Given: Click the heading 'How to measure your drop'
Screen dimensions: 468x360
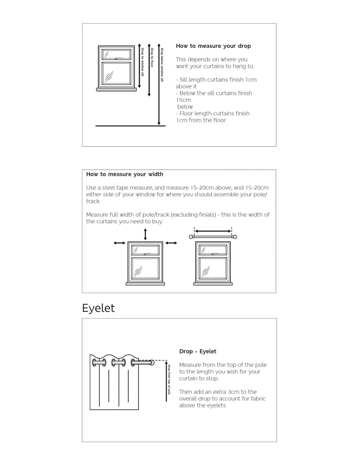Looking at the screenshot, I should (x=213, y=46).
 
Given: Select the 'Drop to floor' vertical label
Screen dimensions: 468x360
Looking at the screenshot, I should (x=152, y=58).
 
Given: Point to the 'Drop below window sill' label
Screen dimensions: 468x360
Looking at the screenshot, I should (x=162, y=65).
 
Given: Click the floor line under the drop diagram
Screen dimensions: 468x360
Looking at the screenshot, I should (x=130, y=126).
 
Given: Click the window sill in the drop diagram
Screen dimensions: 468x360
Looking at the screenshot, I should (x=116, y=90).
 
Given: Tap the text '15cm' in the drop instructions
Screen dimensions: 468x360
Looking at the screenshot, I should (x=183, y=100).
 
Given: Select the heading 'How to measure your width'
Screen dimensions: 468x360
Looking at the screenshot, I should (x=124, y=174).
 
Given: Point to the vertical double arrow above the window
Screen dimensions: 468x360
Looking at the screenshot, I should (x=145, y=234).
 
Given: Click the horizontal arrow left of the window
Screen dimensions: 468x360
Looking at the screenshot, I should (x=120, y=243).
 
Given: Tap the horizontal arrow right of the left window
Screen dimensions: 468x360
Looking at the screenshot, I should (x=171, y=243).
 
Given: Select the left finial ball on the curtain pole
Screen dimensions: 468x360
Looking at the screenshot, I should (x=191, y=237).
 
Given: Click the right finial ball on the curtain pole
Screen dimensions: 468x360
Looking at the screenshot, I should (x=235, y=237).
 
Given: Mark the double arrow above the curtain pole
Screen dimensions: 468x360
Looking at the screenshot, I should (x=213, y=231).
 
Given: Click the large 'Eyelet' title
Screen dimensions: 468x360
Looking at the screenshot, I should (x=98, y=308).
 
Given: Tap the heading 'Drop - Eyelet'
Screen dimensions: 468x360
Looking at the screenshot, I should (x=198, y=351).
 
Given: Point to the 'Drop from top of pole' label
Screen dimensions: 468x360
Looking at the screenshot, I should (x=169, y=379).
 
